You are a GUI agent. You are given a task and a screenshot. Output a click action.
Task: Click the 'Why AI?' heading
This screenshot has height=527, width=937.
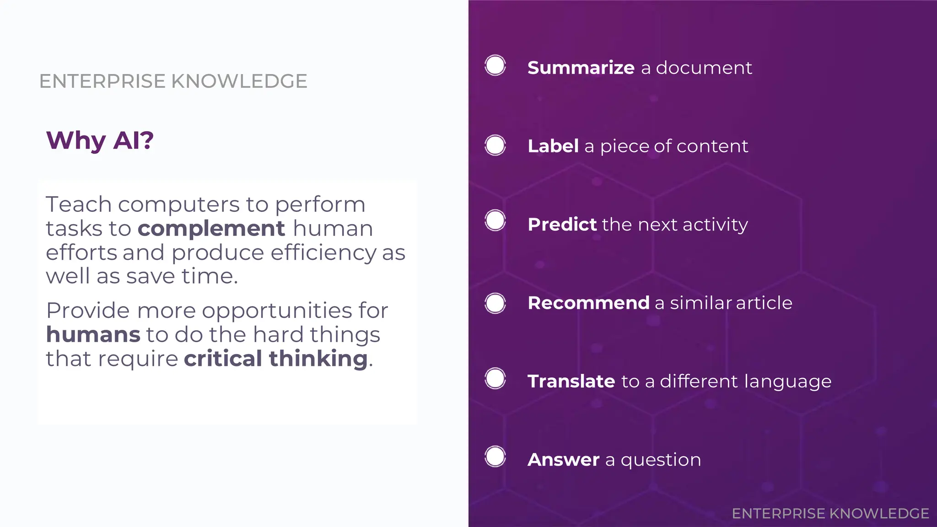pos(100,140)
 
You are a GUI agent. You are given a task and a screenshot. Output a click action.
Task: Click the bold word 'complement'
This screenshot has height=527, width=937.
pos(211,228)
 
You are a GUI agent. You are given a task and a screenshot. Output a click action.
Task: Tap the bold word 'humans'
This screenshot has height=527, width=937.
pos(93,334)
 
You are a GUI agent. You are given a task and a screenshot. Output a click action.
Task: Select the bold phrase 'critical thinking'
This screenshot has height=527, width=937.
pos(276,358)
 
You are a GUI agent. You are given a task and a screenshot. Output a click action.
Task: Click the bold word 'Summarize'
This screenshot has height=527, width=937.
pos(581,68)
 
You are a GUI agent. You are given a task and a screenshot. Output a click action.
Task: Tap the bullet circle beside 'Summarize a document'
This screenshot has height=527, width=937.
pos(495,65)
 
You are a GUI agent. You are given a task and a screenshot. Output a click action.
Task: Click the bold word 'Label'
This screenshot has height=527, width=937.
pos(553,146)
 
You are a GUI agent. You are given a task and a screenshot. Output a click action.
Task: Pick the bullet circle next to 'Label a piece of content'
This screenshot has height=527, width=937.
pos(495,145)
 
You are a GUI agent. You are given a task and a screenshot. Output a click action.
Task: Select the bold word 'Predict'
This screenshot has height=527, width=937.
pos(562,225)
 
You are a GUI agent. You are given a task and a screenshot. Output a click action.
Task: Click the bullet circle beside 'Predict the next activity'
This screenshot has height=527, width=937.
pos(495,220)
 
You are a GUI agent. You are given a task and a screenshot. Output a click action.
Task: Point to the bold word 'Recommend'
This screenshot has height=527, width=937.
pos(588,303)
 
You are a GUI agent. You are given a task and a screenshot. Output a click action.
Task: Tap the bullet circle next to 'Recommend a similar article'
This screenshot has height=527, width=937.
pos(495,303)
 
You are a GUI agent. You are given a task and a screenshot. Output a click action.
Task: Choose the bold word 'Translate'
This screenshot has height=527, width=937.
pos(571,381)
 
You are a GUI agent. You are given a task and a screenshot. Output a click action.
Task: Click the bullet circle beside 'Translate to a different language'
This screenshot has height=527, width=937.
pos(495,378)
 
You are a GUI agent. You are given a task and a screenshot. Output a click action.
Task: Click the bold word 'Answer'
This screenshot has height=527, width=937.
pos(563,459)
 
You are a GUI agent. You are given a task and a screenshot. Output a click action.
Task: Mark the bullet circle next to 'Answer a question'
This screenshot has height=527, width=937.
pos(495,457)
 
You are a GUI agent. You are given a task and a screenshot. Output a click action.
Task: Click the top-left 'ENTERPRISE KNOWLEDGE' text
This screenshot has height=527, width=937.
pos(173,81)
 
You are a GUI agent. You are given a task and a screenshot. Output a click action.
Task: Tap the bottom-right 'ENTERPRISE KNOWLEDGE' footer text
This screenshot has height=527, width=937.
pos(830,513)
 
